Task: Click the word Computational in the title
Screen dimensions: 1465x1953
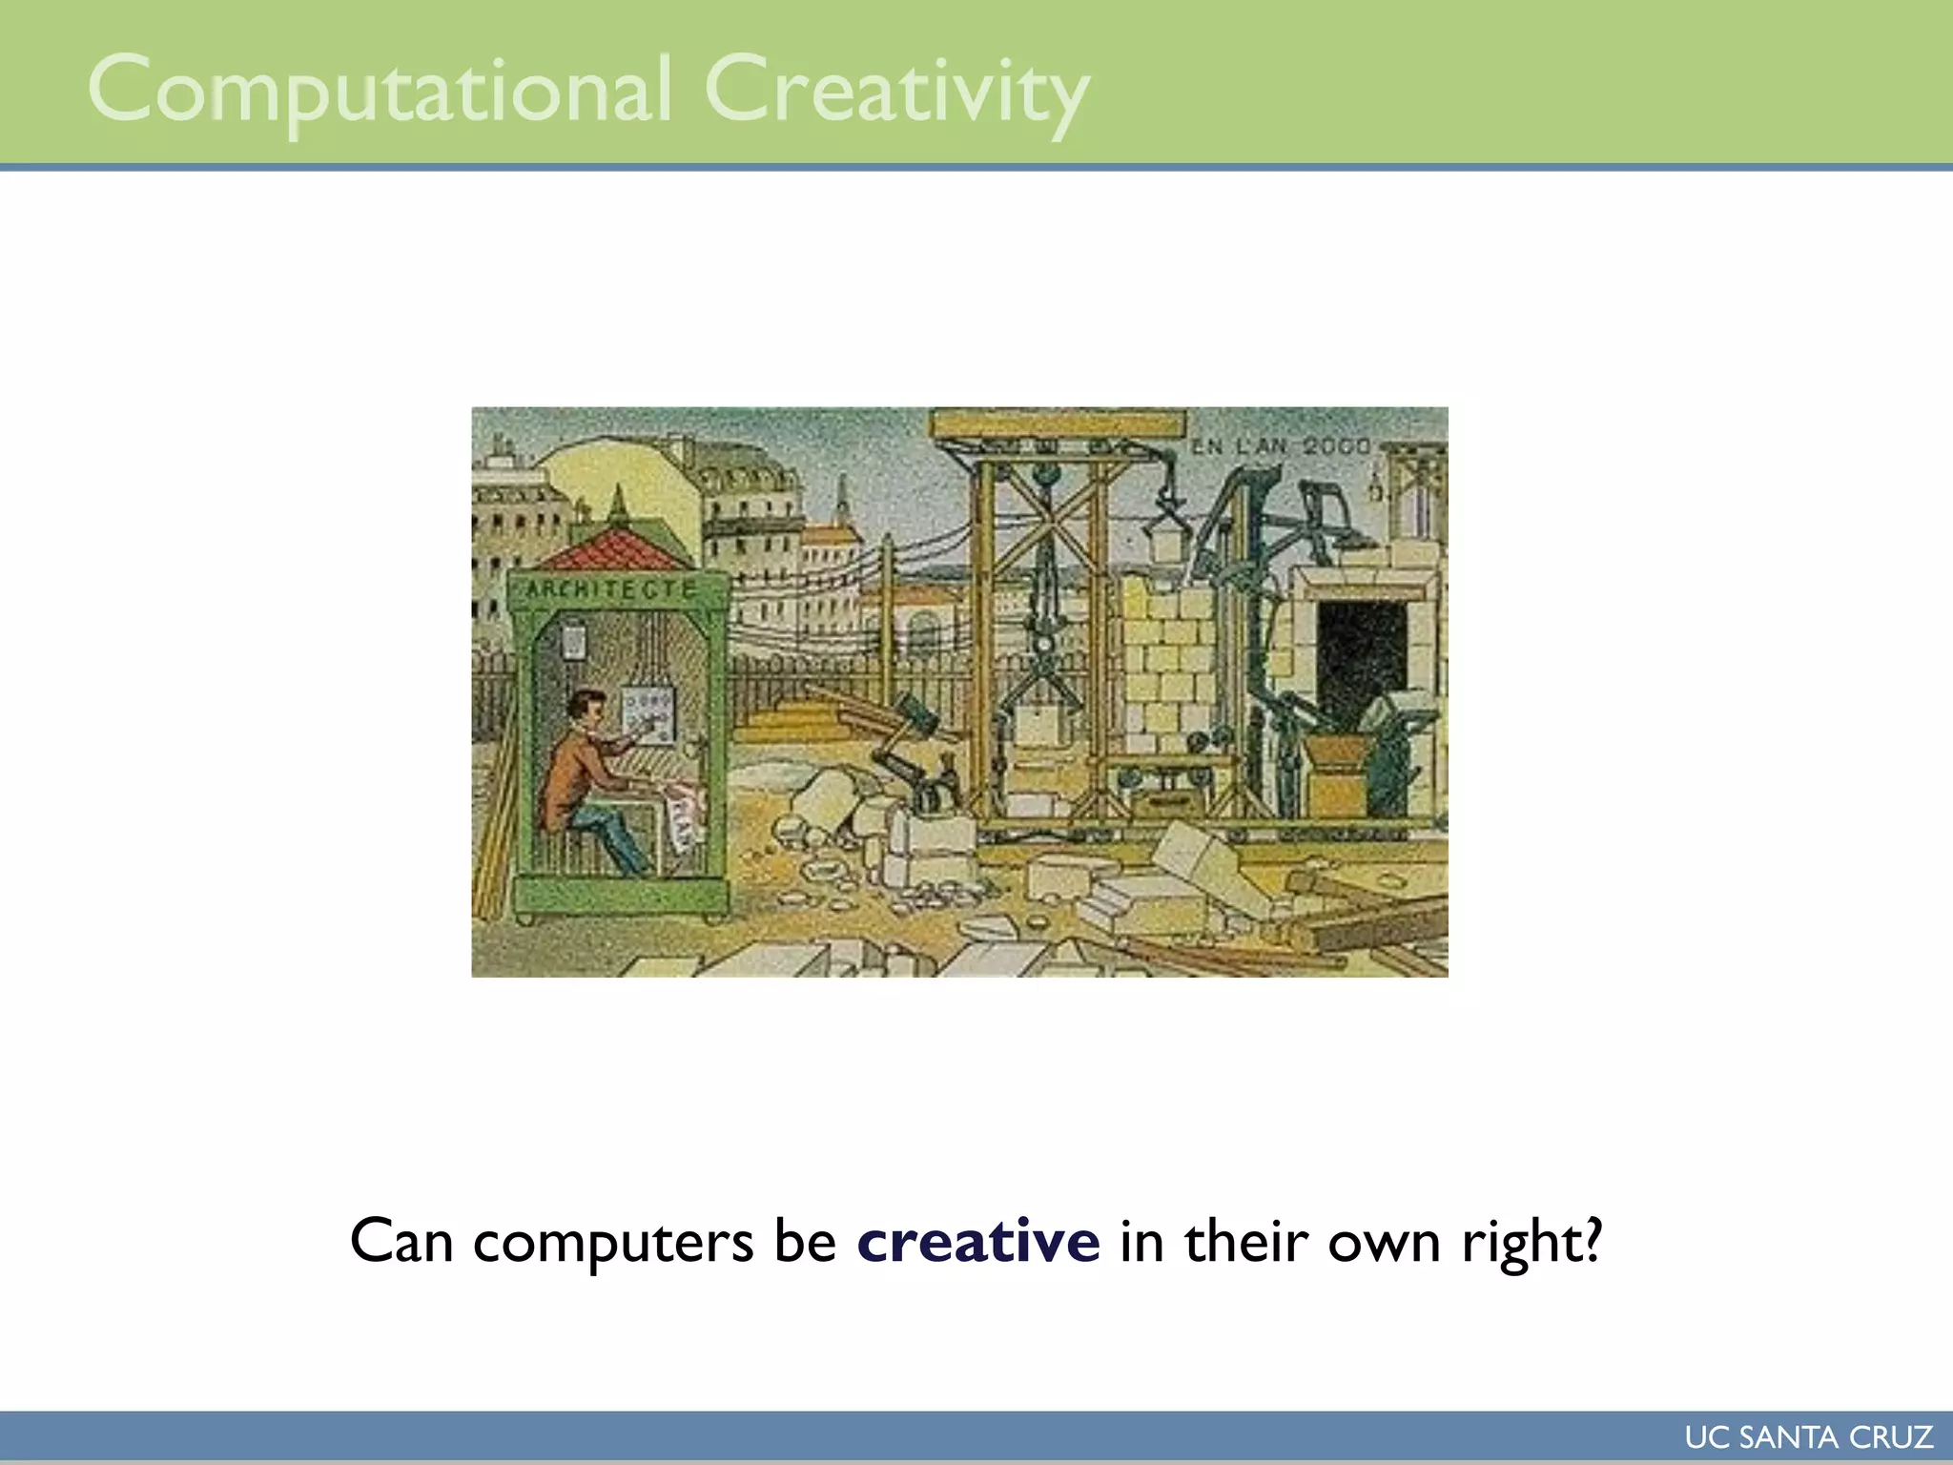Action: [x=380, y=91]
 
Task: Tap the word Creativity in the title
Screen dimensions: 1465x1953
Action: [x=896, y=91]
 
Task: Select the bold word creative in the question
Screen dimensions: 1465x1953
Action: [x=978, y=1241]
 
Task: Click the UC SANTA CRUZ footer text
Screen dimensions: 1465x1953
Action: [x=1808, y=1436]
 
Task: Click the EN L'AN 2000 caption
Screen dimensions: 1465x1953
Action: [x=1281, y=446]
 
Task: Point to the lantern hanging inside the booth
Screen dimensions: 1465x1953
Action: [x=573, y=640]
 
